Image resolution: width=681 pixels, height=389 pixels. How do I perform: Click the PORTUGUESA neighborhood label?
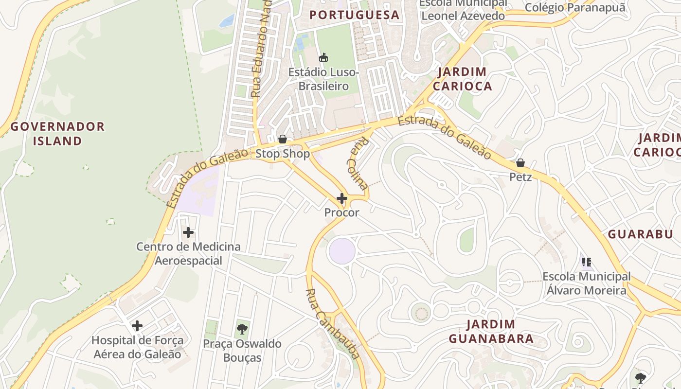point(354,15)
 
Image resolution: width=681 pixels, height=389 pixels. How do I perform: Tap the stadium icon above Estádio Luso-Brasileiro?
point(323,58)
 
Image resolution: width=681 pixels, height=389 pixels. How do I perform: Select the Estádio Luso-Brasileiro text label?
point(323,79)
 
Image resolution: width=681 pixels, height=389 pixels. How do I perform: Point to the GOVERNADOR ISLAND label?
point(57,134)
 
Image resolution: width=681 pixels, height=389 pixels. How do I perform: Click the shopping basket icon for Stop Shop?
point(282,140)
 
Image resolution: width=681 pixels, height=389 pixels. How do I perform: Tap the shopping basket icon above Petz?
point(520,162)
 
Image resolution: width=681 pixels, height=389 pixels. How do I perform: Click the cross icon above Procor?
point(342,198)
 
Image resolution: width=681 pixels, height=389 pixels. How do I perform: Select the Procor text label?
point(341,212)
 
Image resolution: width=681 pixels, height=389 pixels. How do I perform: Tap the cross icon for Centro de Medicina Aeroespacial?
point(188,232)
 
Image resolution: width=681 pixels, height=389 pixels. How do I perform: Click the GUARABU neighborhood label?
point(640,234)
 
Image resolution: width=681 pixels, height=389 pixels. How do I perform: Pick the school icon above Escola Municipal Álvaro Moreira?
point(587,262)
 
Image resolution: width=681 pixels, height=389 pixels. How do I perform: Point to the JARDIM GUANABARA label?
point(491,331)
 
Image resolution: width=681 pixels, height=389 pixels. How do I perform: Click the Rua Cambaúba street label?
point(334,323)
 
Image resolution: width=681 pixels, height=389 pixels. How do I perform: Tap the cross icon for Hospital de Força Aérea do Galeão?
point(137,325)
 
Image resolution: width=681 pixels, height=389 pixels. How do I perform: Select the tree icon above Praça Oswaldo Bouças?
point(242,329)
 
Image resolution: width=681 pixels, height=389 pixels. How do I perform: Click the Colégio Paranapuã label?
point(575,7)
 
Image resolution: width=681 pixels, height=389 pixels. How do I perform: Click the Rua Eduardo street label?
point(261,49)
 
